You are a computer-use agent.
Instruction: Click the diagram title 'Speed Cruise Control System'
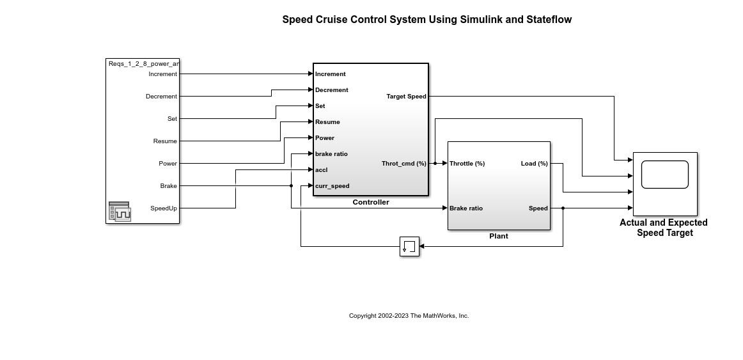coord(426,19)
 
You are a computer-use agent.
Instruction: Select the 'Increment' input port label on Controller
coord(330,74)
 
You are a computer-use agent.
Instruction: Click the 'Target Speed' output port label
coord(406,97)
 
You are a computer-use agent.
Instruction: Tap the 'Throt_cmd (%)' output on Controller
coord(403,164)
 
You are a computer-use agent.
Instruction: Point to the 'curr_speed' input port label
coord(332,186)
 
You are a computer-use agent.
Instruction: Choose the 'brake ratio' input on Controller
coord(331,154)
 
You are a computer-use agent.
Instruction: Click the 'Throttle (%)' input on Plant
coord(467,164)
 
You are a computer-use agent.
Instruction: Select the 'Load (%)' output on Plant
coord(534,164)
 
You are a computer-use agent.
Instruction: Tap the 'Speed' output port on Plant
coord(538,208)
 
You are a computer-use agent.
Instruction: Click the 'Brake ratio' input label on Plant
coord(466,208)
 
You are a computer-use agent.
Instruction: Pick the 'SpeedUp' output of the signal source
coord(164,208)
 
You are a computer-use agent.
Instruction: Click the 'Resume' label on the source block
coord(165,141)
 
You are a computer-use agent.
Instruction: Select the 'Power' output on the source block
coord(168,164)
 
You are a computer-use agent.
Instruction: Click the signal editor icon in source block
coord(120,212)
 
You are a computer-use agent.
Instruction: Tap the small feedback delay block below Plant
coord(409,246)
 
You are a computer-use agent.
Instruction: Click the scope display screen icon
coord(664,175)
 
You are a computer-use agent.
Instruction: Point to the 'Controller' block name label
coord(371,202)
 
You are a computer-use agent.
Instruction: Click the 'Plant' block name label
coord(499,236)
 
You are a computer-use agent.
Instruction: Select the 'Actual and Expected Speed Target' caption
coord(664,228)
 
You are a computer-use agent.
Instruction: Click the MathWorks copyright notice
coord(409,316)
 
